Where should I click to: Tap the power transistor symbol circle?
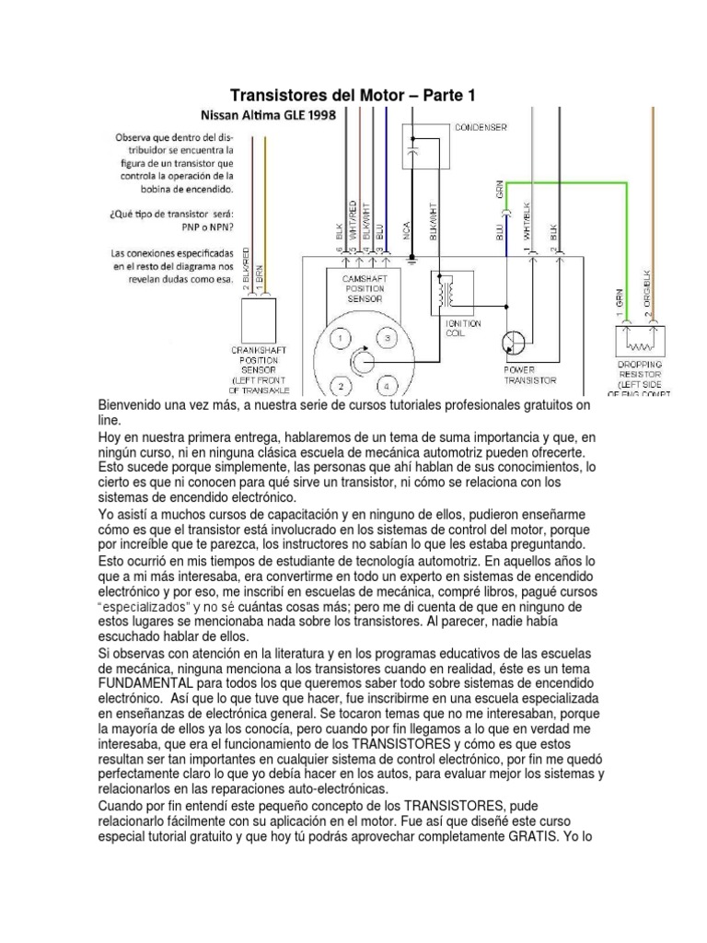[514, 343]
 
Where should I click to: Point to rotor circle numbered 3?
[388, 340]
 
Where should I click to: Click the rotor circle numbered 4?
[388, 384]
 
